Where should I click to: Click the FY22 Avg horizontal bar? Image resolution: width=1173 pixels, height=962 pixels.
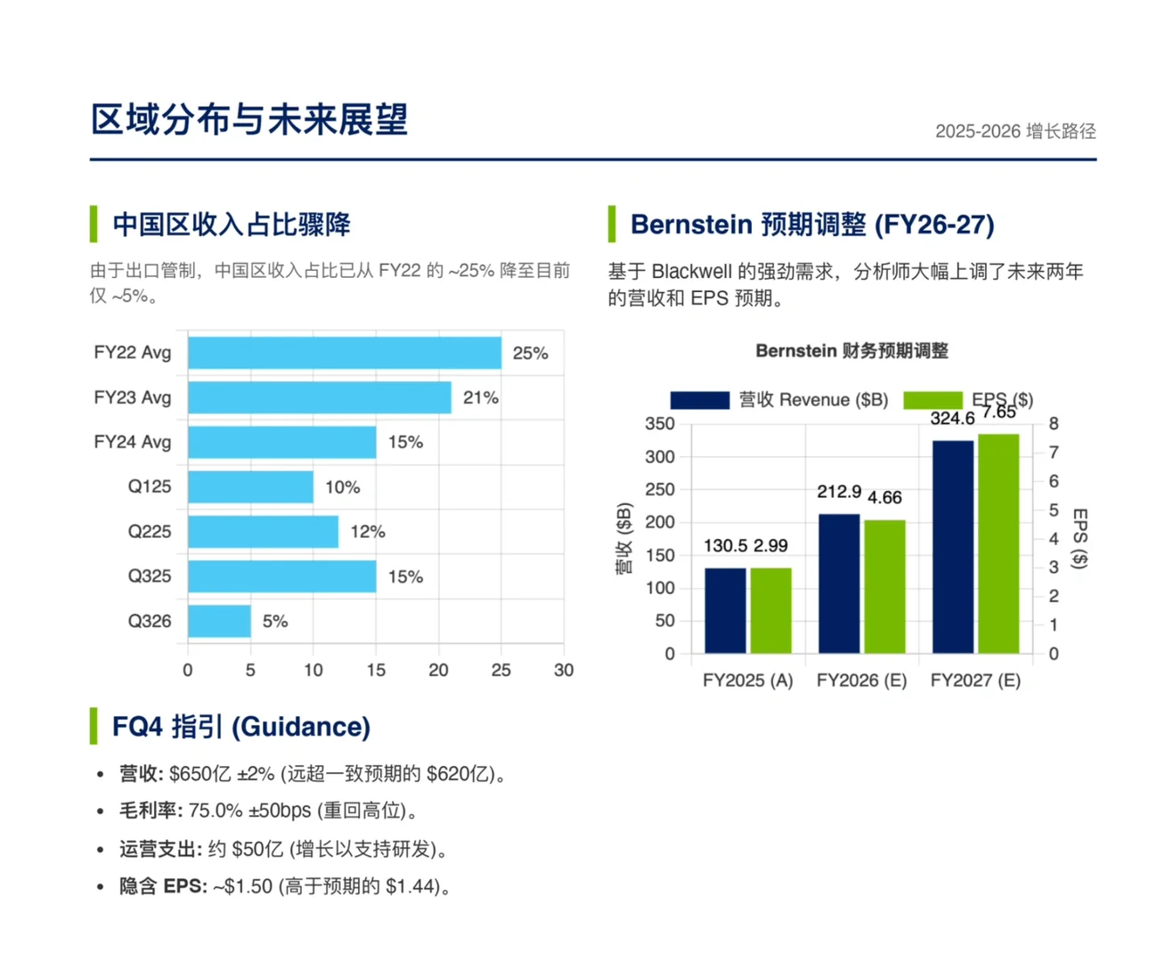pyautogui.click(x=344, y=353)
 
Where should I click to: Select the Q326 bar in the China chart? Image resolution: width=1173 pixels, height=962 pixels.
pyautogui.click(x=219, y=621)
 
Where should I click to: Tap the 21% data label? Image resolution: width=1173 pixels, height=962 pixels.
pyautogui.click(x=480, y=397)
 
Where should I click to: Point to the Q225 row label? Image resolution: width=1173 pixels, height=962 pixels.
pyautogui.click(x=149, y=532)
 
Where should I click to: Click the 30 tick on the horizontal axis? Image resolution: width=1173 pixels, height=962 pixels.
pyautogui.click(x=563, y=670)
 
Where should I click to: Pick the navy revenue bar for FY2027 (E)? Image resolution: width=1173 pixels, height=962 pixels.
pyautogui.click(x=952, y=546)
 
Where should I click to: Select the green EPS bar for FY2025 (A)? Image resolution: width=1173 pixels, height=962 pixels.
pyautogui.click(x=770, y=610)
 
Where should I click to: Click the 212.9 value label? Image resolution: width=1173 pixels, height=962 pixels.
pyautogui.click(x=839, y=492)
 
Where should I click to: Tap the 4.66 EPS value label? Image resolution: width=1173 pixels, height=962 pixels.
pyautogui.click(x=884, y=497)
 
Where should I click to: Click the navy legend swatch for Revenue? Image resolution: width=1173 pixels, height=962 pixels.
pyautogui.click(x=699, y=400)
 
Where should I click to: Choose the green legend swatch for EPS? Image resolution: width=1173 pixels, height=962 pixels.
pyautogui.click(x=932, y=400)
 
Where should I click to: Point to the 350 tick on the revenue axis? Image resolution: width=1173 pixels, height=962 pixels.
pyautogui.click(x=660, y=424)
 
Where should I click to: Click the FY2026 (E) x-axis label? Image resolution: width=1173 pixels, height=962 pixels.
pyautogui.click(x=861, y=681)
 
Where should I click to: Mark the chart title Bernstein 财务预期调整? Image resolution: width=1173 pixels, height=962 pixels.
pyautogui.click(x=851, y=351)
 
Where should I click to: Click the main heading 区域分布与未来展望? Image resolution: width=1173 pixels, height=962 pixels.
pyautogui.click(x=249, y=119)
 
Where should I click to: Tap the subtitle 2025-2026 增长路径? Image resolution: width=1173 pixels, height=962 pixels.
pyautogui.click(x=1014, y=132)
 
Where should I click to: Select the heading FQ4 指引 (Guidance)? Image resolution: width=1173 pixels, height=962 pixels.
pyautogui.click(x=240, y=727)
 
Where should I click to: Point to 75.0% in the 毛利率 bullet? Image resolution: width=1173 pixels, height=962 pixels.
pyautogui.click(x=216, y=811)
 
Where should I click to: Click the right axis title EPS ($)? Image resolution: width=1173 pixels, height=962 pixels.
pyautogui.click(x=1079, y=538)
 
